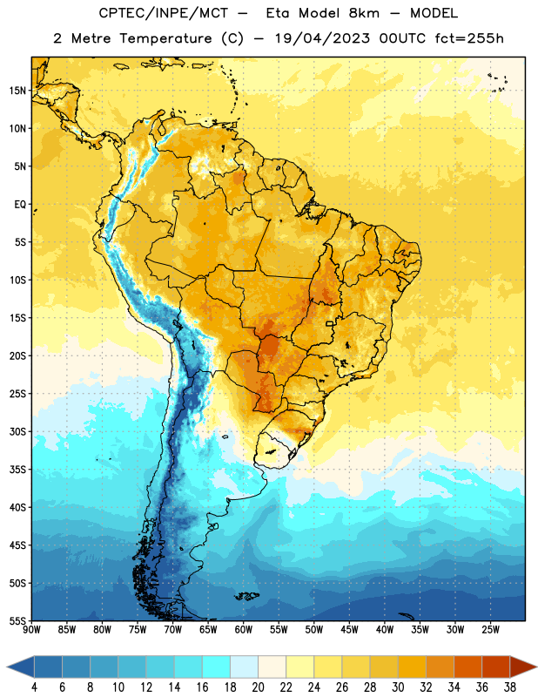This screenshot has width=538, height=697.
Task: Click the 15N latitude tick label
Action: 17,91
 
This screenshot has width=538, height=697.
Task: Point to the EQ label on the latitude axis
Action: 20,205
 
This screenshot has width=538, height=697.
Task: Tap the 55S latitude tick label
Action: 17,620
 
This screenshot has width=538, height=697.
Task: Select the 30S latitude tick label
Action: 17,431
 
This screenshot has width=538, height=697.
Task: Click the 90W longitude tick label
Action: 31,630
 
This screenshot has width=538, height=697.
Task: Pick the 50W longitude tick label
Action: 314,630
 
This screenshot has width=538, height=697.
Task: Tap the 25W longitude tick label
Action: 490,630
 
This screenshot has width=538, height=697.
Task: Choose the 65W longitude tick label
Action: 208,630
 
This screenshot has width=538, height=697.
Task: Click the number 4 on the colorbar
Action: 34,687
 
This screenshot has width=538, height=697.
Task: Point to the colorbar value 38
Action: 510,687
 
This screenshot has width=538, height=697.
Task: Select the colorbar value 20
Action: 258,687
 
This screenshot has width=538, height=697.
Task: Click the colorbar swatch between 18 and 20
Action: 244,667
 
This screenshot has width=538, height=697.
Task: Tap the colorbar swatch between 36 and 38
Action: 496,667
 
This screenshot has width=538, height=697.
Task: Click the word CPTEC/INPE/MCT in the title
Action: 163,14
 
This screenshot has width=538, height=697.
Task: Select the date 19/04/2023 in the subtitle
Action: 322,38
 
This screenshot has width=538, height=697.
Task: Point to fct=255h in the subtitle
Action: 469,38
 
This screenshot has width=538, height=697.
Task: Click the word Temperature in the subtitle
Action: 165,39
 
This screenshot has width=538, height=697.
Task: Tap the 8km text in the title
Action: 364,13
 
